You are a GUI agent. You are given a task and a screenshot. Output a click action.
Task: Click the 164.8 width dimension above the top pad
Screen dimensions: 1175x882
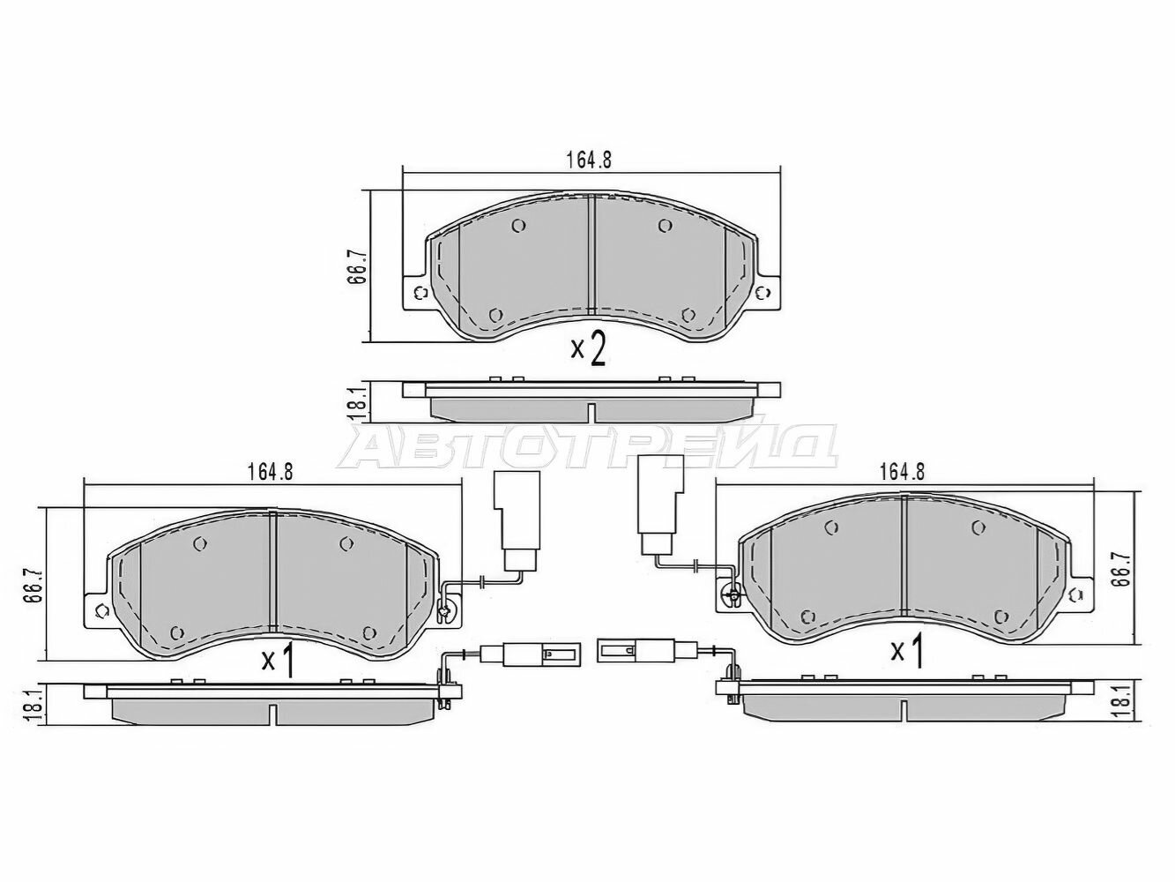(x=588, y=160)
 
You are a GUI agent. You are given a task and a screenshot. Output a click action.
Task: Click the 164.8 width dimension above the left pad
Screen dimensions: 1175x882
(x=270, y=473)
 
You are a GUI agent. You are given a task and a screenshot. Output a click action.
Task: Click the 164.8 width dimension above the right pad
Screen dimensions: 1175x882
(x=903, y=473)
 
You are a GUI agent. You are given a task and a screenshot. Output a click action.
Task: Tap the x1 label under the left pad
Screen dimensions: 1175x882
(x=278, y=662)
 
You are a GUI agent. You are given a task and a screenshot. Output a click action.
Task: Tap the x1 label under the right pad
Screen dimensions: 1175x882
(x=907, y=652)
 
